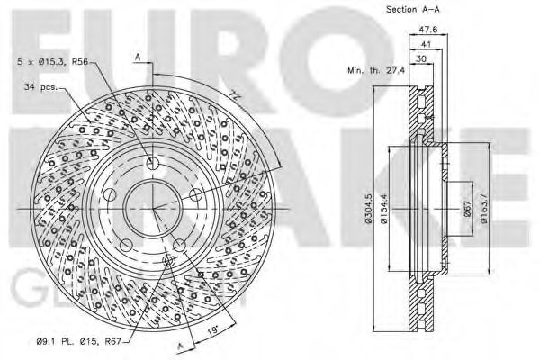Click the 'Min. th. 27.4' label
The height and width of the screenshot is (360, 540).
coord(378,69)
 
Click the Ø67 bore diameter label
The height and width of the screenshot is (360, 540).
coord(467,209)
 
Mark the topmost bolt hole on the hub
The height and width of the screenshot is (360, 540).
coord(151,164)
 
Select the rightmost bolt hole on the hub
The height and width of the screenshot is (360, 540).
coord(193,194)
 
